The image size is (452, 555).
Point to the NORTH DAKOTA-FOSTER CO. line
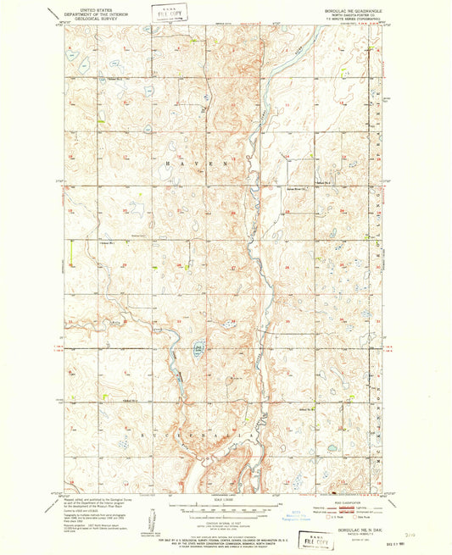(354, 12)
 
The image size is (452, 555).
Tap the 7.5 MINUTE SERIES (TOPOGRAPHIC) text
(354, 16)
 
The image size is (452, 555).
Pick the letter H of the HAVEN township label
(166, 161)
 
